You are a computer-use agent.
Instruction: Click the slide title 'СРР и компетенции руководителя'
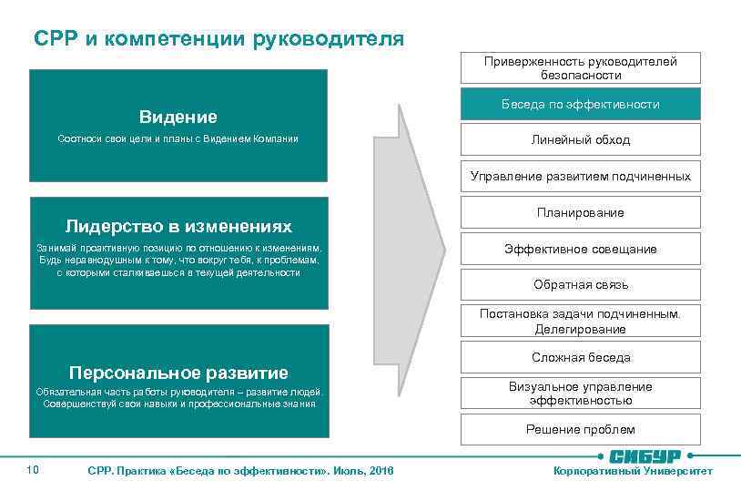click(x=218, y=38)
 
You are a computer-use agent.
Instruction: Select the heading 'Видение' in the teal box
click(x=178, y=117)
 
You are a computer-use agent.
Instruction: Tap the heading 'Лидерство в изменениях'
click(x=178, y=225)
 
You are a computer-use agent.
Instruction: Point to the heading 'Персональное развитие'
click(x=178, y=372)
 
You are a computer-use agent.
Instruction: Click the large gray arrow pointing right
click(x=421, y=248)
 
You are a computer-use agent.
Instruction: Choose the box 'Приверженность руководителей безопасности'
click(x=580, y=67)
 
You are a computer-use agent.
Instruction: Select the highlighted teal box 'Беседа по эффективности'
click(x=580, y=104)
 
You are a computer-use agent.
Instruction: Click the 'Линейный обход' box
click(x=580, y=139)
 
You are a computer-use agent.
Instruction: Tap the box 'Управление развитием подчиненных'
click(x=580, y=176)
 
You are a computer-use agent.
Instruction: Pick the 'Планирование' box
click(x=580, y=212)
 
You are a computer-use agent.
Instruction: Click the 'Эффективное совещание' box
click(x=580, y=249)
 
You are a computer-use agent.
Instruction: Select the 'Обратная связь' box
click(x=580, y=284)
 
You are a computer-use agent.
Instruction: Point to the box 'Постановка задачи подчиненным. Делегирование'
click(x=580, y=320)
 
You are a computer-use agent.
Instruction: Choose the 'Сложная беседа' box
click(x=580, y=357)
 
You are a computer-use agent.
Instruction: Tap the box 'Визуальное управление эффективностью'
click(x=580, y=393)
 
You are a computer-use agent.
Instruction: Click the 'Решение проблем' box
click(x=580, y=429)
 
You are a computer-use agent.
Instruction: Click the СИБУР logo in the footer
click(x=644, y=455)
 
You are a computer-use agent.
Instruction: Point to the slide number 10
click(x=33, y=469)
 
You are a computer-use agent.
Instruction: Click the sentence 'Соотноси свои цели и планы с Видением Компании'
click(x=178, y=138)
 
